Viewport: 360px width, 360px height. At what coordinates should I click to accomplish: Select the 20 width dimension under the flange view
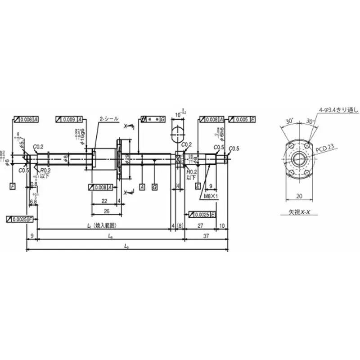tap(297, 196)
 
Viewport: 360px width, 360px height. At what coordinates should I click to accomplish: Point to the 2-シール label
tap(109, 119)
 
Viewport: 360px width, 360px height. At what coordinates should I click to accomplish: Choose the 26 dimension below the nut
tap(106, 211)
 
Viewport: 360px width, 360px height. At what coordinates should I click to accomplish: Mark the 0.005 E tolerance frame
tap(243, 119)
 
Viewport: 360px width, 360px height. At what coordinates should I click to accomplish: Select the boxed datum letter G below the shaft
tap(154, 186)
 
